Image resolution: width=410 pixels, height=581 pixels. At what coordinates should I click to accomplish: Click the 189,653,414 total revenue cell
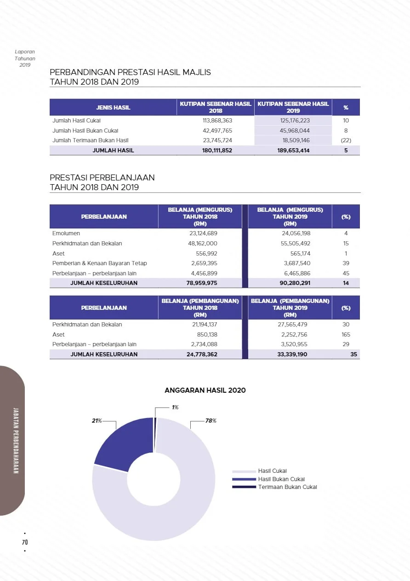tap(293, 151)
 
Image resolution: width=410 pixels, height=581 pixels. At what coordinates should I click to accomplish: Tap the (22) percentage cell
tap(346, 140)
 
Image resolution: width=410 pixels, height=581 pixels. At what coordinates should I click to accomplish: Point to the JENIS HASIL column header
tap(113, 107)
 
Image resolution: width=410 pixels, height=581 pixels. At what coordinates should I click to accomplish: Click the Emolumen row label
tap(66, 233)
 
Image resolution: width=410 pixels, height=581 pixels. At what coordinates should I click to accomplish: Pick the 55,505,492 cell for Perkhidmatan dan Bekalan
tap(296, 244)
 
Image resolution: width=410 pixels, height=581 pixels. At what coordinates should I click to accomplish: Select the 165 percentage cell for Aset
tap(346, 335)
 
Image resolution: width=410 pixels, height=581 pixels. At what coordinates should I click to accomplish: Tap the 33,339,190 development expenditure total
tap(292, 354)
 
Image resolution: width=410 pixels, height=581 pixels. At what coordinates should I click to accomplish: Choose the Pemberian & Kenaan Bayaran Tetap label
tap(100, 263)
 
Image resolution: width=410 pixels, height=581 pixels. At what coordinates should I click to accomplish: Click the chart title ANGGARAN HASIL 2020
tap(205, 390)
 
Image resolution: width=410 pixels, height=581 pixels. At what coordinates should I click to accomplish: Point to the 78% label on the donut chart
tap(211, 421)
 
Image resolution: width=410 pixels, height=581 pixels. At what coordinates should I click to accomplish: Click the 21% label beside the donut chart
tap(97, 421)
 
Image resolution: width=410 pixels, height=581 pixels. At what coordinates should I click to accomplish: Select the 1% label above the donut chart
tap(175, 407)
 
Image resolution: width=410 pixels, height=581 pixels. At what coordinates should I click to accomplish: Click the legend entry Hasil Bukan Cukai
tap(281, 479)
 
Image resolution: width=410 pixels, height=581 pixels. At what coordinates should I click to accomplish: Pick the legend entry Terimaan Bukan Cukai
tap(287, 487)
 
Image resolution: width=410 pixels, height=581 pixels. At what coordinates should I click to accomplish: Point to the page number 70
tap(25, 542)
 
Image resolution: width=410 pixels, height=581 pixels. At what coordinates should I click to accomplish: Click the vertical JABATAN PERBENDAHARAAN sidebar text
tap(16, 441)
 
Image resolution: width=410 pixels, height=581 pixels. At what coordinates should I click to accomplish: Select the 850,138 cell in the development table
tap(207, 335)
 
